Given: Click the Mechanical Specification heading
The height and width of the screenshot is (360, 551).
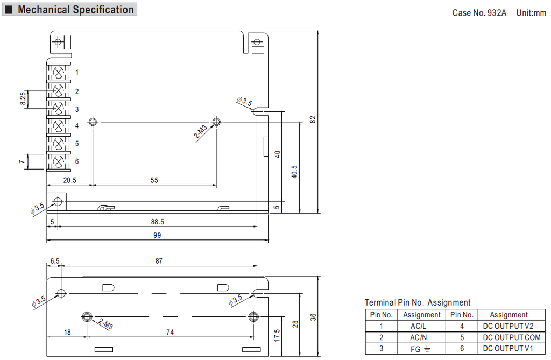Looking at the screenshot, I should (75, 10).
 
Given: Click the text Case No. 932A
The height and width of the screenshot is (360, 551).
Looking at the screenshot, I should (479, 13).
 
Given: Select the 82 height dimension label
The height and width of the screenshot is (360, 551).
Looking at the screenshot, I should (313, 119).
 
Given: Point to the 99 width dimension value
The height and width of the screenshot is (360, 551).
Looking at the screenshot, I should (157, 235).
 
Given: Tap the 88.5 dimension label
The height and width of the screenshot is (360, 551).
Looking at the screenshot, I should (158, 221).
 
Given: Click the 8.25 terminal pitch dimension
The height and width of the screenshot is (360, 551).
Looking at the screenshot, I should (23, 99).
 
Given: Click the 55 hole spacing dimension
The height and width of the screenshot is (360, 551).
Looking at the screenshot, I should (154, 181).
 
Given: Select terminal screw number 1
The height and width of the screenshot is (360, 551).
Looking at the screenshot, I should (59, 72).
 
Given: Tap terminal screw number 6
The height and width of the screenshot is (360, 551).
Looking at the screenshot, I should (59, 161).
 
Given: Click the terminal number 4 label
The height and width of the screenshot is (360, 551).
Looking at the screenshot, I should (77, 126).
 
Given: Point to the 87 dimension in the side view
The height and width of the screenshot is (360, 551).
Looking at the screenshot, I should (159, 261).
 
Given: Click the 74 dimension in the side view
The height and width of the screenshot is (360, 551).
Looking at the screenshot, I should (169, 333).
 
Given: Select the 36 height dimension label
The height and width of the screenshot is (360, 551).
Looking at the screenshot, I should (313, 317).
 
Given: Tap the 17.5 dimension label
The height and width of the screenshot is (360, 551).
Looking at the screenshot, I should (277, 335).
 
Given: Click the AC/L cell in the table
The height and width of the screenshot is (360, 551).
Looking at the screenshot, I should (421, 326).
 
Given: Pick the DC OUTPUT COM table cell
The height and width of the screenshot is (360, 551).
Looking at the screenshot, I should (508, 337).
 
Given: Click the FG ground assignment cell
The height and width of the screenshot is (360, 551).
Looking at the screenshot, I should (421, 349).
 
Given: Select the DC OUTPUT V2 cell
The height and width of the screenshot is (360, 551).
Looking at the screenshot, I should (508, 326).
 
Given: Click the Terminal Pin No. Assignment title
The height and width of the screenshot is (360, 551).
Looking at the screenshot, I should (418, 302).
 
